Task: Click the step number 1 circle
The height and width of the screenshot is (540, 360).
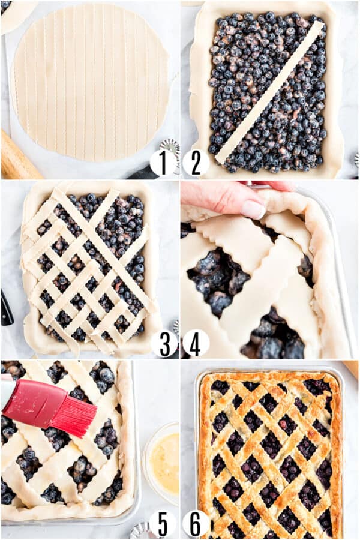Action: [x=163, y=163]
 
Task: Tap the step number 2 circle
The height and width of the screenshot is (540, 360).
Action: [x=196, y=163]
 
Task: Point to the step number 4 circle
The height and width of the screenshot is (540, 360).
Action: [x=196, y=343]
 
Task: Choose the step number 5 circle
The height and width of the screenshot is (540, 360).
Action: [x=163, y=523]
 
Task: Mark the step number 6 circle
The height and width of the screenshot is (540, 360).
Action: [x=196, y=523]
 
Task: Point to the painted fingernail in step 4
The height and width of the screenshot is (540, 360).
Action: [x=253, y=209]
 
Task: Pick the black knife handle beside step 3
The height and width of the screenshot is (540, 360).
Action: [x=6, y=308]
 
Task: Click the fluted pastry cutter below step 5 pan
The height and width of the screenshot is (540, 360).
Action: [x=142, y=530]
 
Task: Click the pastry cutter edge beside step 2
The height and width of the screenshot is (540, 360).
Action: [x=356, y=160]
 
